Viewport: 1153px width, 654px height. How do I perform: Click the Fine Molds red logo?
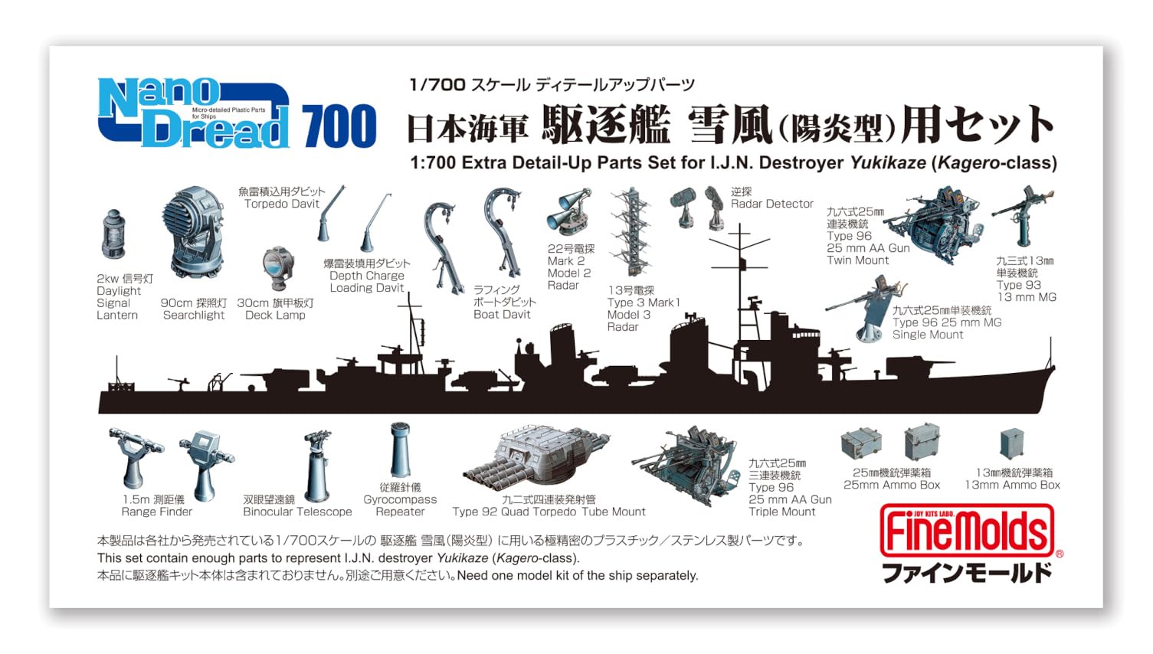click(x=967, y=531)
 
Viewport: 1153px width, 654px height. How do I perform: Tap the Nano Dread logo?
click(x=193, y=115)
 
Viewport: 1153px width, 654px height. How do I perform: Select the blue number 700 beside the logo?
click(x=339, y=126)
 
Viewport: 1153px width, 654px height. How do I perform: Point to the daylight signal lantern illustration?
click(x=113, y=234)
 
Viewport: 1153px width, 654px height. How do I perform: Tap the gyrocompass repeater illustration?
click(x=400, y=450)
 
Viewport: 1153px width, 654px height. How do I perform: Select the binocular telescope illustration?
click(x=317, y=463)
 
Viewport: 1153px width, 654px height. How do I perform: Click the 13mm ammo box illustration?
click(x=1012, y=444)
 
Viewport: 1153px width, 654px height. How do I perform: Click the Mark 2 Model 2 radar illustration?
click(x=568, y=212)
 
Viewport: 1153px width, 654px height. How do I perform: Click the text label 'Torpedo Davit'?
click(x=281, y=204)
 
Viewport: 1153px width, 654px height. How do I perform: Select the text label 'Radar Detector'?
click(x=771, y=204)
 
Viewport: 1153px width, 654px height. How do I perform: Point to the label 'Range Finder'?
click(x=157, y=512)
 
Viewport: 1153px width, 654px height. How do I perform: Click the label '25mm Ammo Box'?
click(x=891, y=485)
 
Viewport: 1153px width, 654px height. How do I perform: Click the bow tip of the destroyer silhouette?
click(x=1053, y=369)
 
